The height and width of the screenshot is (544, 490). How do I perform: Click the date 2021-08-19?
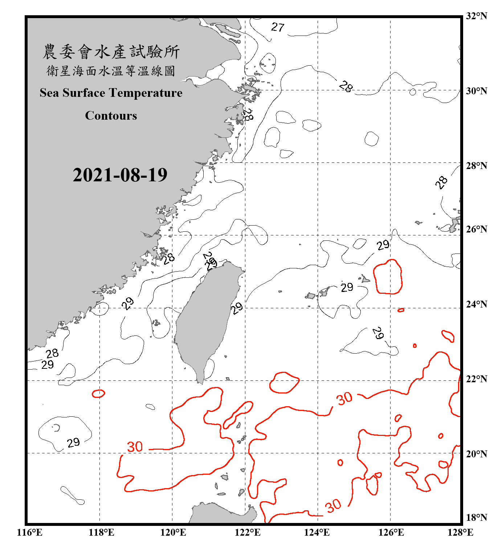tap(120, 175)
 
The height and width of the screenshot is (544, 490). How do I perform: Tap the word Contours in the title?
tap(111, 116)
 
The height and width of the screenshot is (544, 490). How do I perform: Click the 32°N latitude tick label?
tap(476, 16)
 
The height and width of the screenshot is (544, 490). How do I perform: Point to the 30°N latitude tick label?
tap(476, 91)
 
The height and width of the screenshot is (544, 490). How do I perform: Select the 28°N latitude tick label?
tap(476, 166)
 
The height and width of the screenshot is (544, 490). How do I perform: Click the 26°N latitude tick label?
tap(476, 229)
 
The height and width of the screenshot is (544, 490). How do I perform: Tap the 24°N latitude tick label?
tap(476, 304)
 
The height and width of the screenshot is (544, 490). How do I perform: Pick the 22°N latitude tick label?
tap(476, 379)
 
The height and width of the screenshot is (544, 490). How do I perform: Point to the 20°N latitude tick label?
tap(476, 454)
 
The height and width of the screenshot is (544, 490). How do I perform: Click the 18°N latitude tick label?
tap(476, 518)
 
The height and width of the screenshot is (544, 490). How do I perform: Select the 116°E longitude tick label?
tap(30, 532)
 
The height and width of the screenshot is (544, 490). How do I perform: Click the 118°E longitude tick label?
tap(101, 532)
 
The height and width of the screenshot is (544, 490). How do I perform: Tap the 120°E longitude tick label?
tap(173, 532)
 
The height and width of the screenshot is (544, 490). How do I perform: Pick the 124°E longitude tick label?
tap(317, 532)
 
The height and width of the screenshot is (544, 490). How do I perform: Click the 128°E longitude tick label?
tap(460, 532)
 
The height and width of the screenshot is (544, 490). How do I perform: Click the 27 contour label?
tap(278, 27)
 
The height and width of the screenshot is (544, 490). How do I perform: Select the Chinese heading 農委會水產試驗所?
tap(111, 52)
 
